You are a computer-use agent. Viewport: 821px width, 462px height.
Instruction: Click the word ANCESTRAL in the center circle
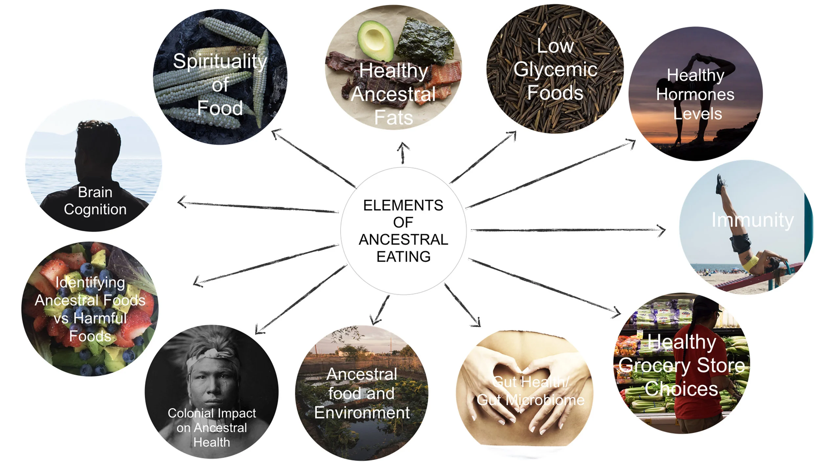tap(403, 240)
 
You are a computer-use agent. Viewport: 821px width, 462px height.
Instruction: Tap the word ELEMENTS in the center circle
tap(403, 205)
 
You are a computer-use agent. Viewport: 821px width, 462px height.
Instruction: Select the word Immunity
tap(752, 220)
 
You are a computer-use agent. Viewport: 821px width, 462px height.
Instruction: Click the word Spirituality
tap(220, 61)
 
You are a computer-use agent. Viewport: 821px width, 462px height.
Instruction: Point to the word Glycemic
tap(555, 70)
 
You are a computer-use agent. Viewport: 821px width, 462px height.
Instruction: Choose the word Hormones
tap(695, 95)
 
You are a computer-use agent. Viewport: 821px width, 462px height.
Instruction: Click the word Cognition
tap(95, 209)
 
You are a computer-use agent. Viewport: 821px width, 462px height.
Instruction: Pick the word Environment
tap(362, 413)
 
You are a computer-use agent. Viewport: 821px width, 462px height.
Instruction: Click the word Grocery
tap(653, 365)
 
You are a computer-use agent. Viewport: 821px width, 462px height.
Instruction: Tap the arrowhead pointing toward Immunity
tap(663, 230)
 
